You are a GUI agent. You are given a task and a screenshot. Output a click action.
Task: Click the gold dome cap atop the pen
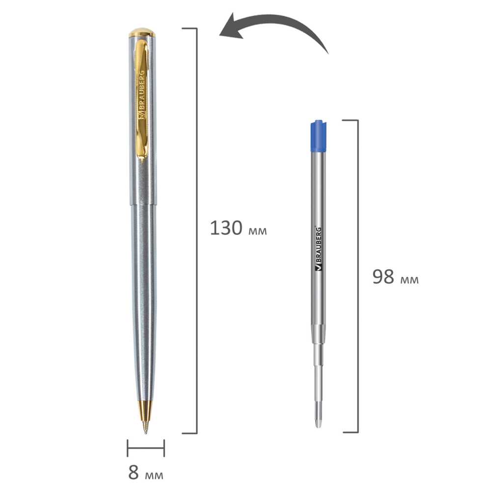click(142, 32)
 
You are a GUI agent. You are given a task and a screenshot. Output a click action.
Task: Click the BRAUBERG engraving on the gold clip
click(142, 94)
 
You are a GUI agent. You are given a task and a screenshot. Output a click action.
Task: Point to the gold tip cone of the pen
click(145, 412)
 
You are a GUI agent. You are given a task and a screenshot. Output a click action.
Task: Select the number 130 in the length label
click(226, 228)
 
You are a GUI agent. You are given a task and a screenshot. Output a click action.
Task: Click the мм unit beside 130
click(257, 231)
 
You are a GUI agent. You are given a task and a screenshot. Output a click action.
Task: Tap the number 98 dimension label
click(383, 277)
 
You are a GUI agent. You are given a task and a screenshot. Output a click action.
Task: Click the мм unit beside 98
click(409, 279)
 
